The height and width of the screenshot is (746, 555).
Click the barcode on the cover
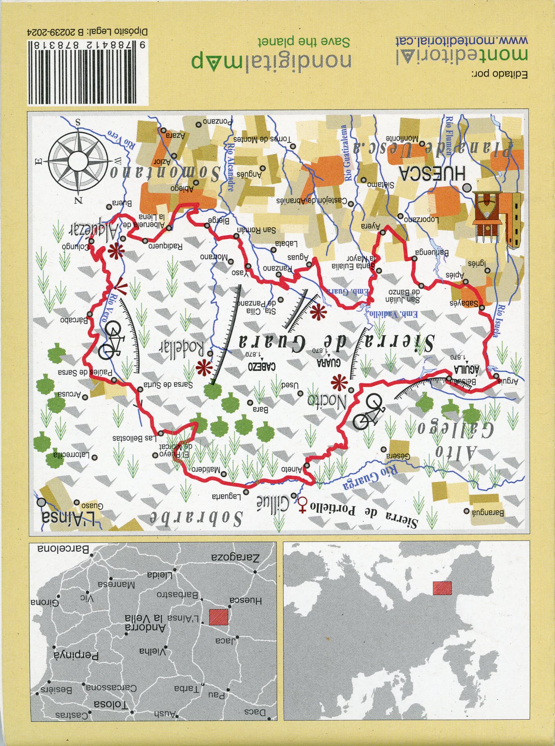(88, 72)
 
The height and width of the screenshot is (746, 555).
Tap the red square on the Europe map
(442, 588)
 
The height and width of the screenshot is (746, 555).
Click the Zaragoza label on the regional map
(235, 558)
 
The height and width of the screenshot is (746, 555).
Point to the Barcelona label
(63, 548)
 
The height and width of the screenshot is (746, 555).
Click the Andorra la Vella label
(145, 622)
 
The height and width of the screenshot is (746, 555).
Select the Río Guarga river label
(370, 479)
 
